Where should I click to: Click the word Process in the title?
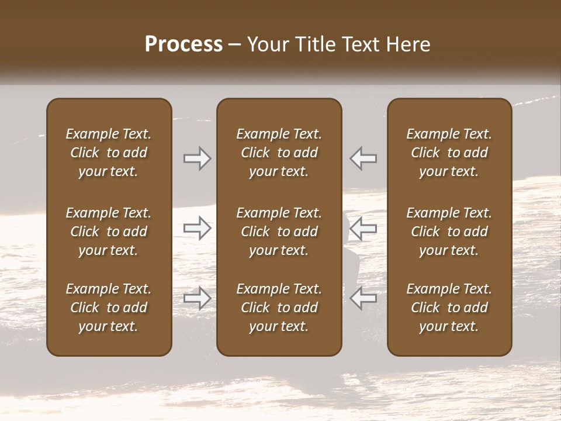point(183,44)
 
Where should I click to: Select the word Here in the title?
point(407,44)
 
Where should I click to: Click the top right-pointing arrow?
point(197,158)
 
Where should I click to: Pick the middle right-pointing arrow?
point(197,228)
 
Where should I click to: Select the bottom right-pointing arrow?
point(197,299)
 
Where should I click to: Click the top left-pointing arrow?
point(363,158)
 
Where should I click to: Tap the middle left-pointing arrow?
point(363,228)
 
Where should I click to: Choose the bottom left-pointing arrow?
point(363,299)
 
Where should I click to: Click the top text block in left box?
point(109,153)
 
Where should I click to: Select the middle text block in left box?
point(109,232)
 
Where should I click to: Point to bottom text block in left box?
point(109,308)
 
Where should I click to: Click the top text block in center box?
point(279,153)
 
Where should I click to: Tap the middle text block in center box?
point(279,232)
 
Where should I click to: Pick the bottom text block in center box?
point(279,308)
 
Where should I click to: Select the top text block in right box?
point(449,153)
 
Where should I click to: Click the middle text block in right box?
point(449,232)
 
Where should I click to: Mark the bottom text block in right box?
point(449,308)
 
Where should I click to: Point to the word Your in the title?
point(265,44)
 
